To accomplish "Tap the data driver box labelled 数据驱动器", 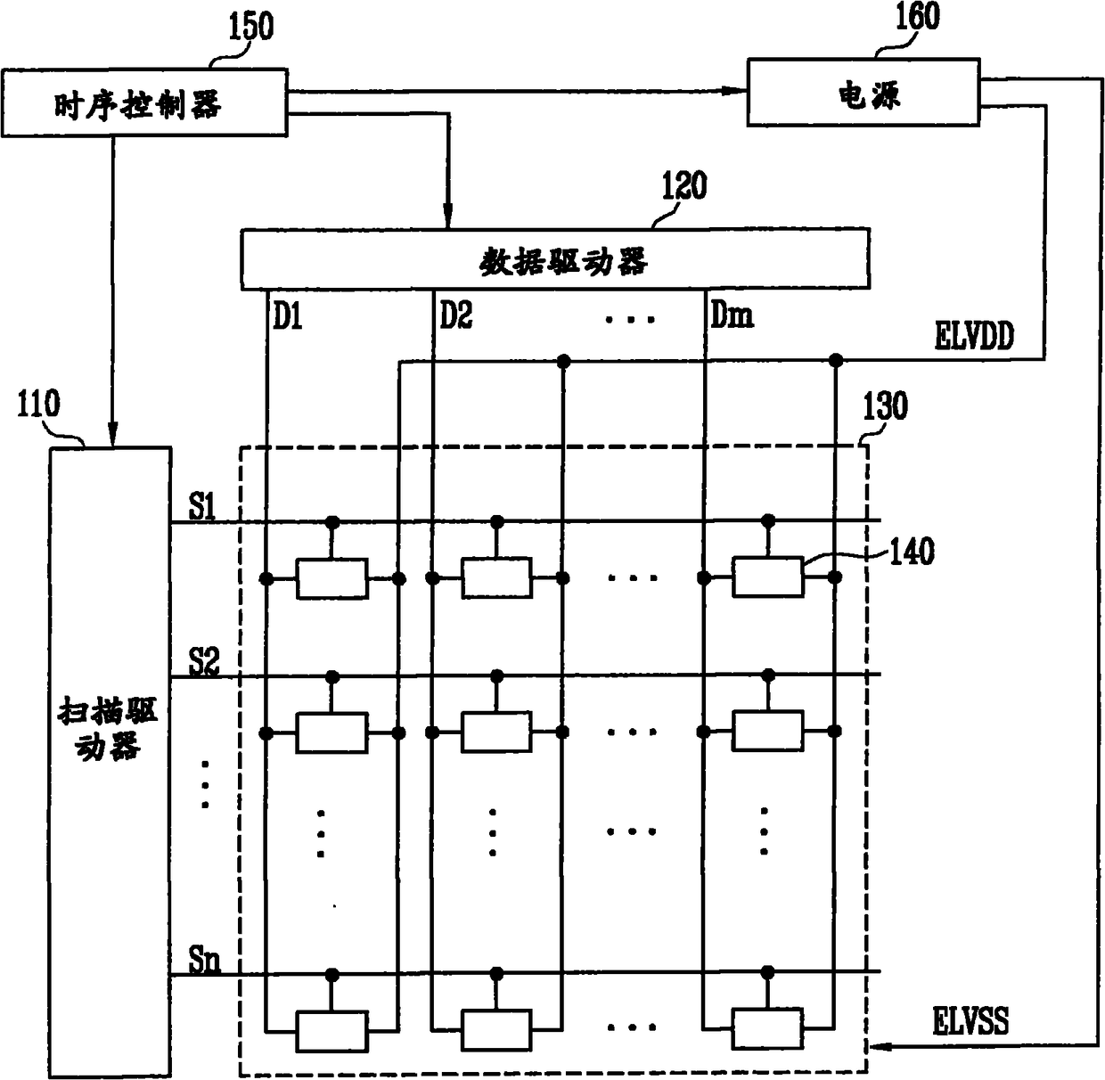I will [x=555, y=259].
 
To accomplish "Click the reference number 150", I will [x=250, y=27].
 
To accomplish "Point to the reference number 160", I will [x=916, y=16].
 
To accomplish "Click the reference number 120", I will [x=683, y=186].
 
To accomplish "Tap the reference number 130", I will [x=885, y=406].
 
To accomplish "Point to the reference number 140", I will [x=911, y=552].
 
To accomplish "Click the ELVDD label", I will [x=973, y=338].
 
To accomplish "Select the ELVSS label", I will [x=970, y=1020].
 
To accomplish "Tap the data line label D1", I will [x=287, y=315].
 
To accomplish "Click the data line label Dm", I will [x=731, y=315].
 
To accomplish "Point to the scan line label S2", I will [x=204, y=662].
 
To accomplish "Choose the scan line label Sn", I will [x=204, y=961].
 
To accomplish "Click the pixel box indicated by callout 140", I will [x=767, y=577].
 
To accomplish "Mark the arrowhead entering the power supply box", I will [x=736, y=90].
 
